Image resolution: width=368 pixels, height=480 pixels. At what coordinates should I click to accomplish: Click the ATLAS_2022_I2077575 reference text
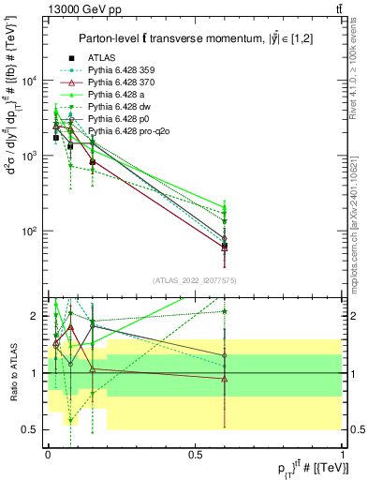(195, 280)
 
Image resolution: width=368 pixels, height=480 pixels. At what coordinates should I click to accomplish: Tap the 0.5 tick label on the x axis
(195, 453)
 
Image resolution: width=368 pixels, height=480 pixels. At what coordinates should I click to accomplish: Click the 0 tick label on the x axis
(48, 453)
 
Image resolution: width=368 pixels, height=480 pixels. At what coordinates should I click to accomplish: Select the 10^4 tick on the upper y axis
(36, 81)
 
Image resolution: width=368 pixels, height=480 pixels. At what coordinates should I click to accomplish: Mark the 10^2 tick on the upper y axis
(36, 231)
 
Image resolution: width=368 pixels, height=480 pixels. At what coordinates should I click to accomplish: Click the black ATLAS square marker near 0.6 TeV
(225, 246)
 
